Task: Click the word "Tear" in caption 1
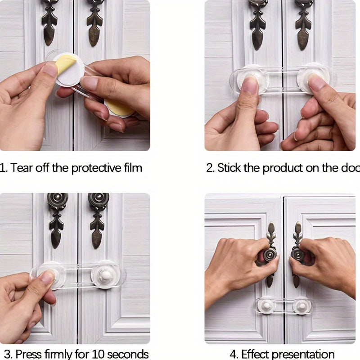22,168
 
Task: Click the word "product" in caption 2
282,168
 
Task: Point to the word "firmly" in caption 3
57,354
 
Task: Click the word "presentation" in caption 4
304,354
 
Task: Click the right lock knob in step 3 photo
106,275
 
